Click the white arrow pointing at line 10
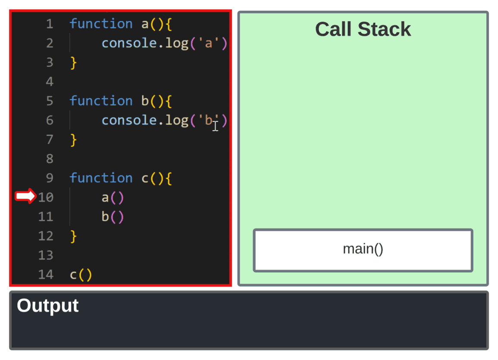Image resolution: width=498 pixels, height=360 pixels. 25,197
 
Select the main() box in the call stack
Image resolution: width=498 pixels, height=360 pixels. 363,250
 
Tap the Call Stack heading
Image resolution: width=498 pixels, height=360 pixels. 363,30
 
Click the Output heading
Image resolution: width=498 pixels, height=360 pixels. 47,306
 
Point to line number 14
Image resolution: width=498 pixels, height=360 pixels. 46,275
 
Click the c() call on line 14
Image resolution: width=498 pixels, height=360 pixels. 81,275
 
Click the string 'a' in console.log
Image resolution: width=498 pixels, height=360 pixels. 209,43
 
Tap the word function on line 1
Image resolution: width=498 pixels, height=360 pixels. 101,24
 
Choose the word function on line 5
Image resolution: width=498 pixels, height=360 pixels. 101,101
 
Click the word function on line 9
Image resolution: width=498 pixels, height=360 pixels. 101,178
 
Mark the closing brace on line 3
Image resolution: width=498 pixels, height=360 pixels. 73,63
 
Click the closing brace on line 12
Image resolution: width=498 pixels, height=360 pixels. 73,236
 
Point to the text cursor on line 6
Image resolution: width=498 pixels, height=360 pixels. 215,126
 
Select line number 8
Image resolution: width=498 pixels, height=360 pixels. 50,159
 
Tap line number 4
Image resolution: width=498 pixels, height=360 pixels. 50,81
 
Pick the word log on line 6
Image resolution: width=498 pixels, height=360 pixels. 177,120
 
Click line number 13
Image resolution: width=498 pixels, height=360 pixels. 46,255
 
